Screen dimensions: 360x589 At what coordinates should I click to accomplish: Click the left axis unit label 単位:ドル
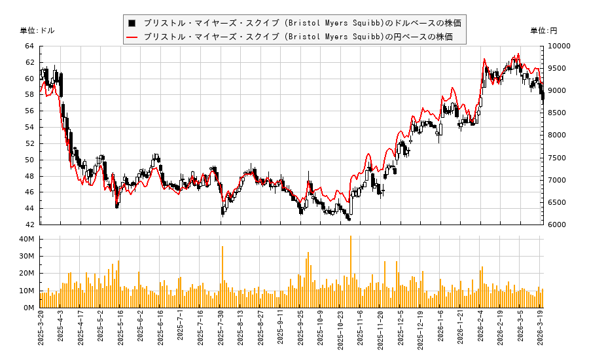(x=37, y=31)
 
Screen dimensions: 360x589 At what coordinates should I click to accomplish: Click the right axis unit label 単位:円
(x=543, y=31)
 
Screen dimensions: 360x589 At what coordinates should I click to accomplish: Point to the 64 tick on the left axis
(x=29, y=46)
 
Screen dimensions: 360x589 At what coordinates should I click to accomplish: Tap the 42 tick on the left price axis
(x=29, y=225)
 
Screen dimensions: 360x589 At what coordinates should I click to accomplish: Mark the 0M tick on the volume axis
(x=29, y=308)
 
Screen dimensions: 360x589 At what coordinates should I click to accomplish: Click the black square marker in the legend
(x=132, y=22)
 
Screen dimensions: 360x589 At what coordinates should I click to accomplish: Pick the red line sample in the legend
(x=132, y=37)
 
